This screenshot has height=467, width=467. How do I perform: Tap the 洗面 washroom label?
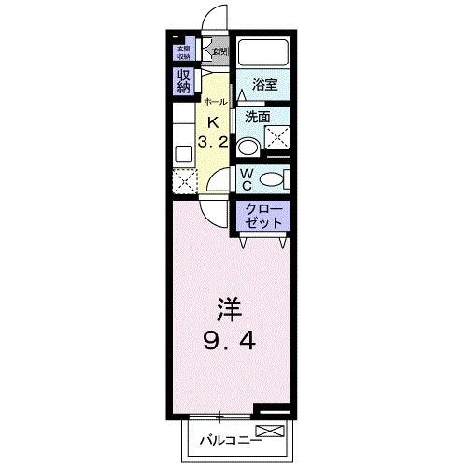[258, 118]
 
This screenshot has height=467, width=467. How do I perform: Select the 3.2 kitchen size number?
[213, 142]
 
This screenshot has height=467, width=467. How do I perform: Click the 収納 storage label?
[182, 81]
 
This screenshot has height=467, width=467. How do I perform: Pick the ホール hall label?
[213, 101]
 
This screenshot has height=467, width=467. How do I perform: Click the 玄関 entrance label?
[219, 51]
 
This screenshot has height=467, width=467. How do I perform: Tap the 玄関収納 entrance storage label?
[180, 52]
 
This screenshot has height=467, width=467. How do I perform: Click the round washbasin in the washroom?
[248, 147]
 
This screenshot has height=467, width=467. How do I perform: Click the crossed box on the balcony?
[269, 431]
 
